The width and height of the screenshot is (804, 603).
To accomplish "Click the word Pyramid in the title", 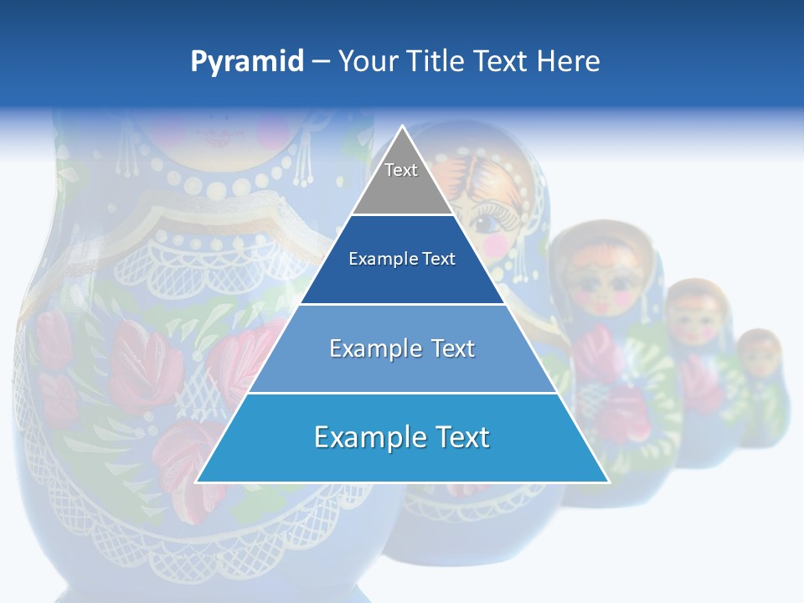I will click(x=246, y=62).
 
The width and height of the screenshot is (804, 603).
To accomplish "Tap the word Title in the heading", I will click(x=437, y=62).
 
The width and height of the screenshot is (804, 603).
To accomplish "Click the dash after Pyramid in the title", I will click(x=320, y=62).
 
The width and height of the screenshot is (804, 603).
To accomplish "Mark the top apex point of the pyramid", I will click(x=402, y=126).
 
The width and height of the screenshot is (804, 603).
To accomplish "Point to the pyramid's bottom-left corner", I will click(x=197, y=482).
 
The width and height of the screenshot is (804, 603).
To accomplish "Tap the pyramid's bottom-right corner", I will click(x=608, y=482).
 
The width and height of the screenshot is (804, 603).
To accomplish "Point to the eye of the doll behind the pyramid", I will click(x=486, y=223).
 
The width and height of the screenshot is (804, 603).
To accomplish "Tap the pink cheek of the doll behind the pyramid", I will click(x=497, y=244).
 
